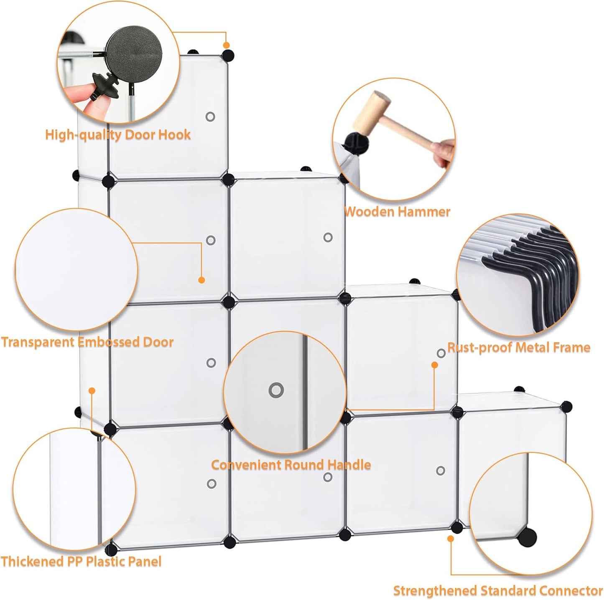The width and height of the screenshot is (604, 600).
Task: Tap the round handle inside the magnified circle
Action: tap(276, 390)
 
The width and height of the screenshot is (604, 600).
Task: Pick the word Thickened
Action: tap(32, 562)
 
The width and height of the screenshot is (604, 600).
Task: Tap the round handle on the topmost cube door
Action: tap(210, 117)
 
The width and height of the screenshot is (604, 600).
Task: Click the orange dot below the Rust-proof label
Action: tap(434, 365)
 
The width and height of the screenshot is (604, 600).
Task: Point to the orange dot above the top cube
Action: tap(226, 45)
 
